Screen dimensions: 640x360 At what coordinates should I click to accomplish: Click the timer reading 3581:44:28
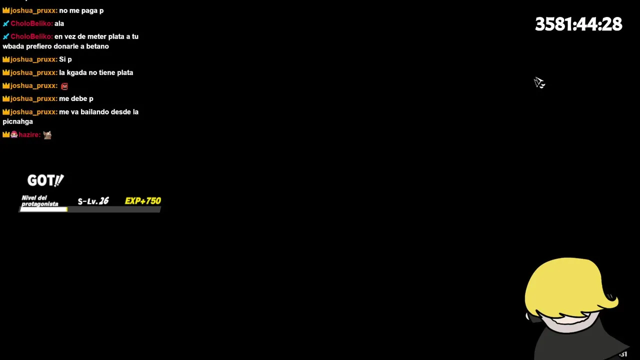[578, 24]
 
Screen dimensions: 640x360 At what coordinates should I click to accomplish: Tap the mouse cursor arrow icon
[539, 82]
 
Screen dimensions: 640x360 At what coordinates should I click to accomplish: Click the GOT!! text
[45, 180]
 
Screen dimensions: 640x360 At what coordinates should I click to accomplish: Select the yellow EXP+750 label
[143, 201]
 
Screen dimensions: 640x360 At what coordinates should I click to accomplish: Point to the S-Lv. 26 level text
[93, 201]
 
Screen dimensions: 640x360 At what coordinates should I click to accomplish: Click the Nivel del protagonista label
[40, 201]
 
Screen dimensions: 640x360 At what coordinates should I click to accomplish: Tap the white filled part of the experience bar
[43, 209]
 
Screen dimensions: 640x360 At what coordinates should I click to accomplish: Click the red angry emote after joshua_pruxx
[64, 86]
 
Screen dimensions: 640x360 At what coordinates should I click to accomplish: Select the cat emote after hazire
[47, 135]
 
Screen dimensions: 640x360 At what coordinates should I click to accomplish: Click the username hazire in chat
[29, 135]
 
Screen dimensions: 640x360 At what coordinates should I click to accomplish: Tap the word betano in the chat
[97, 46]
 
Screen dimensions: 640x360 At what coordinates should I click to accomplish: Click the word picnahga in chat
[17, 121]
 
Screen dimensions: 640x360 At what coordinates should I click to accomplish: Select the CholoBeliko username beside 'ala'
[31, 23]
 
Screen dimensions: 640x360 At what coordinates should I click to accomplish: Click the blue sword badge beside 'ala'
[6, 23]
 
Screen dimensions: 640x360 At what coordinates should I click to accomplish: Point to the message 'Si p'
[65, 59]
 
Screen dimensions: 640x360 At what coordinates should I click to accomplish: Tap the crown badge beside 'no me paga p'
[6, 10]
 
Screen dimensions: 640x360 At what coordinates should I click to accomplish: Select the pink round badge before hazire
[14, 134]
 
